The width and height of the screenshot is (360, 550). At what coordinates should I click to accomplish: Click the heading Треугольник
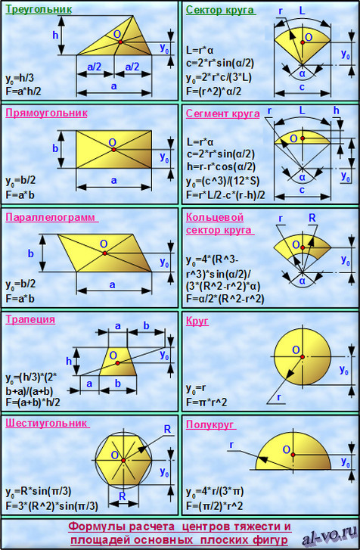(x=39, y=10)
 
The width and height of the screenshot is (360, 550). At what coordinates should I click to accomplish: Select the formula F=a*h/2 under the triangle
(x=23, y=92)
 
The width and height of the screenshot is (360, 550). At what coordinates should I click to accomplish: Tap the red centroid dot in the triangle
(x=120, y=42)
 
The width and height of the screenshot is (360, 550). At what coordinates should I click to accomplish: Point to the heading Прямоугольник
(x=46, y=113)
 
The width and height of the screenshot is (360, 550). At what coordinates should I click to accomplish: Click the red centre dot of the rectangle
(x=113, y=150)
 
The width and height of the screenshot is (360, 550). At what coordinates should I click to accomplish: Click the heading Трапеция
(x=30, y=319)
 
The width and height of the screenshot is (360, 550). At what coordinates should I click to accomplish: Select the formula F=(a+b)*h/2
(x=33, y=402)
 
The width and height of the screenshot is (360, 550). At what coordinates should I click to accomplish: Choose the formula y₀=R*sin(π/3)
(x=39, y=492)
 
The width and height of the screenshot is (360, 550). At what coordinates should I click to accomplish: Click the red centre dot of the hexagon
(x=123, y=460)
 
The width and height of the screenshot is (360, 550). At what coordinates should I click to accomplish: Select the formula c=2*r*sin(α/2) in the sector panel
(x=220, y=63)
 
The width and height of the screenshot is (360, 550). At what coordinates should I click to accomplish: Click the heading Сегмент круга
(x=222, y=113)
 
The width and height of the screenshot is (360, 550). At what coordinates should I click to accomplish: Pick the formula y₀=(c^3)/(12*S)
(x=223, y=182)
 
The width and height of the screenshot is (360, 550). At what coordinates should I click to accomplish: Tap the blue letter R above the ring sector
(x=312, y=218)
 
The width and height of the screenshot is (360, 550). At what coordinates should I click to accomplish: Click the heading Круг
(x=197, y=321)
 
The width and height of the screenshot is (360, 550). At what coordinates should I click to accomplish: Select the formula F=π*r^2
(x=206, y=402)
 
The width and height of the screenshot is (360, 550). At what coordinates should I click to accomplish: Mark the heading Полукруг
(x=209, y=424)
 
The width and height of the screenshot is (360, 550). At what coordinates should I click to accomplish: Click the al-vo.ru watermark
(x=330, y=536)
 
